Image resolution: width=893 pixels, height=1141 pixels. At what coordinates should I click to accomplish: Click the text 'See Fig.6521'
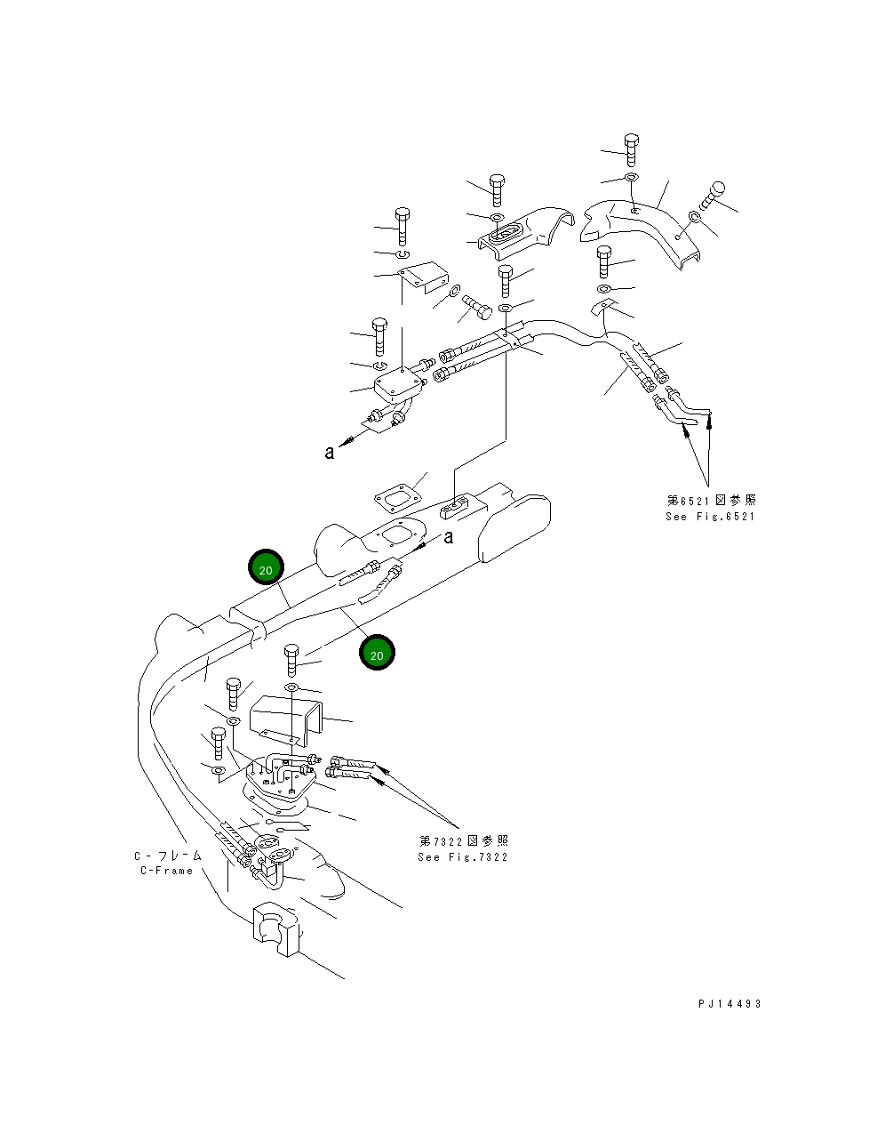[710, 517]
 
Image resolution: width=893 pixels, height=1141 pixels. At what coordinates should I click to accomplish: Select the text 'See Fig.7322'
[463, 857]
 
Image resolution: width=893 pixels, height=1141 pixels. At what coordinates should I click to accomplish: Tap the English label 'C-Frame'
[166, 871]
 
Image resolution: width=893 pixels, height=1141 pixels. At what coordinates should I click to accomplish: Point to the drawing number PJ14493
[730, 1004]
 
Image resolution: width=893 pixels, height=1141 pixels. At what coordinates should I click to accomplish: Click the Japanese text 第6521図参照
[712, 501]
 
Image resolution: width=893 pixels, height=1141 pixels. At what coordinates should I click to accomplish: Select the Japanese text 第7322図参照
[464, 841]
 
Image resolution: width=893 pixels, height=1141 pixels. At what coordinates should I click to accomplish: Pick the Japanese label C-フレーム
[168, 856]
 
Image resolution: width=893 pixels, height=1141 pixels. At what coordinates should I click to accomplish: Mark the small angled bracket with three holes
[421, 276]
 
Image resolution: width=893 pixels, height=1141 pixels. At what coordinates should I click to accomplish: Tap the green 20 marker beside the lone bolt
[377, 654]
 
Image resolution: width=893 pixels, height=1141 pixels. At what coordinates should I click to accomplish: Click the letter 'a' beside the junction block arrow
[330, 453]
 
